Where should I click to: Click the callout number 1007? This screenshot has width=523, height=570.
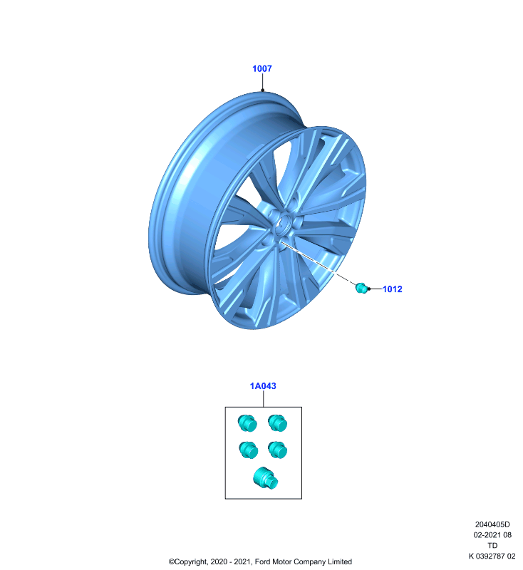click(x=262, y=68)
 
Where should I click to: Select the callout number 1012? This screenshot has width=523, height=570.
click(x=393, y=289)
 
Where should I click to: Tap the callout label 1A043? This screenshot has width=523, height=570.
click(x=263, y=386)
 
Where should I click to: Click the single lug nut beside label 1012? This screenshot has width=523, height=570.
click(x=361, y=288)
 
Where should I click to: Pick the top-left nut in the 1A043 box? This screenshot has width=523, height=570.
click(x=247, y=423)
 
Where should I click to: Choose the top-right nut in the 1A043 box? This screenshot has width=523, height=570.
click(x=278, y=423)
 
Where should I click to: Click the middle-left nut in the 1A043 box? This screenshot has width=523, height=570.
click(x=248, y=450)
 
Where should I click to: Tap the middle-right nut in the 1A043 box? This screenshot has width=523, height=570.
click(x=278, y=450)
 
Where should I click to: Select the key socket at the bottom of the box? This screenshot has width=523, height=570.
click(x=266, y=478)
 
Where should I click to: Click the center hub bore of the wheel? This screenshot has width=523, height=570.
click(x=283, y=222)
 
